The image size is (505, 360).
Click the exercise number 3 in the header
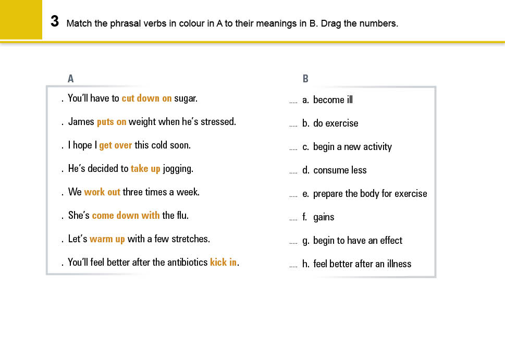point(54,22)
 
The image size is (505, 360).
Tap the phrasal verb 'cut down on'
point(146,98)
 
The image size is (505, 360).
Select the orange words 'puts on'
point(112,122)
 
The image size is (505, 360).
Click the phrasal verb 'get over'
point(116,145)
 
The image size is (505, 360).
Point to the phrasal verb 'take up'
point(145,169)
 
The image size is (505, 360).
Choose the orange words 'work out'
point(102,192)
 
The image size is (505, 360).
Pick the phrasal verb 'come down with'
point(126,216)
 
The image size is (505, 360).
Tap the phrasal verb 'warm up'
point(107,239)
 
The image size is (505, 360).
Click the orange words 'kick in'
point(223,263)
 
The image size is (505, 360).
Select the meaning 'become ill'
point(332,100)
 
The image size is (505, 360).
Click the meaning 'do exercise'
point(336,123)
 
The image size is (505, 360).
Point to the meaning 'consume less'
point(340,170)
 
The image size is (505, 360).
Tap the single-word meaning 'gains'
point(324,217)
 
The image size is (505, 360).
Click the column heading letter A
point(71,79)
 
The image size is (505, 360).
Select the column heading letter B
point(305,79)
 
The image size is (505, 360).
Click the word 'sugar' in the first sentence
point(186,98)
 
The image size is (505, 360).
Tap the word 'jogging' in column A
point(178,169)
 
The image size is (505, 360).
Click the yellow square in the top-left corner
point(21,19)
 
